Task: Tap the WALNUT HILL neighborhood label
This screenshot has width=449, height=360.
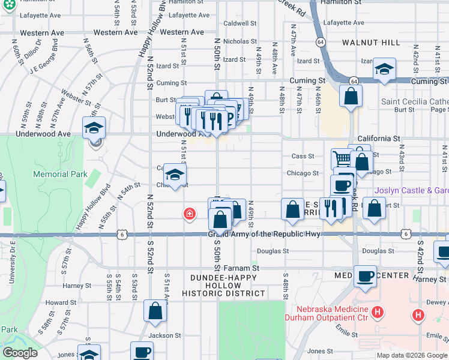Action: (x=370, y=43)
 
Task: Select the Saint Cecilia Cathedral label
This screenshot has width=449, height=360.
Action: (x=414, y=101)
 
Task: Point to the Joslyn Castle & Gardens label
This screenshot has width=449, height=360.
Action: (x=411, y=191)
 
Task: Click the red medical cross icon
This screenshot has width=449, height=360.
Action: (x=190, y=214)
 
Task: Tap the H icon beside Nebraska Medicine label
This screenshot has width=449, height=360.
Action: (x=377, y=312)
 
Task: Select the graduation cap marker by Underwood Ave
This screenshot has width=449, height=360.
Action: (x=94, y=127)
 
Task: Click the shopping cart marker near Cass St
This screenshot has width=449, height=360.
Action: (x=342, y=159)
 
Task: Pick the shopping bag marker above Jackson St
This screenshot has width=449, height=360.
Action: (x=155, y=311)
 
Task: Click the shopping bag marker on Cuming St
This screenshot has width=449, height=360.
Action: (x=351, y=95)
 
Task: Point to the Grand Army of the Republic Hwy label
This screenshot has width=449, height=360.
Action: (x=264, y=234)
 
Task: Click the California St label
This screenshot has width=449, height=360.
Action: (x=379, y=139)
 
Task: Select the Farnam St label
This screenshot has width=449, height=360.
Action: (x=243, y=268)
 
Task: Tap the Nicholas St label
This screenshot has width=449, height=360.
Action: (x=240, y=41)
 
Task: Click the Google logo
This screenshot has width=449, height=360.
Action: (x=20, y=353)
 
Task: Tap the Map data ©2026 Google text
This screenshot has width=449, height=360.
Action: (x=412, y=355)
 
